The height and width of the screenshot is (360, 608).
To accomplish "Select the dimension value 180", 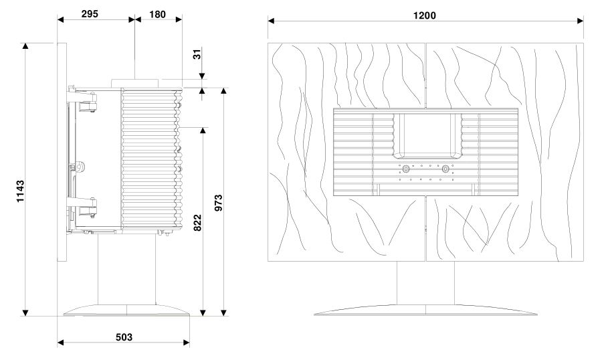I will point(158,13).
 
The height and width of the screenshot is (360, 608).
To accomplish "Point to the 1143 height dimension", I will point(20,191).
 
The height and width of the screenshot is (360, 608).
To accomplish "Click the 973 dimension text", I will point(219,202).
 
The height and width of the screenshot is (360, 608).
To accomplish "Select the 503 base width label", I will point(122,337).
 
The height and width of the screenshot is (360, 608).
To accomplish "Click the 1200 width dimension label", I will point(425,15).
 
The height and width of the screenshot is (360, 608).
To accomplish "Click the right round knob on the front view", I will point(445,169).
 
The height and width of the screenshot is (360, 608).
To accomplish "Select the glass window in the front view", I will point(425,134).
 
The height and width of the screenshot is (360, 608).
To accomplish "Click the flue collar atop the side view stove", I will point(135,82).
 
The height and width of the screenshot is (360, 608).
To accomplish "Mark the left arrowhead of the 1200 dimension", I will point(271,21).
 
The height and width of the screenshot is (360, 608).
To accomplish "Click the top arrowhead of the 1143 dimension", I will point(25,46).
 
